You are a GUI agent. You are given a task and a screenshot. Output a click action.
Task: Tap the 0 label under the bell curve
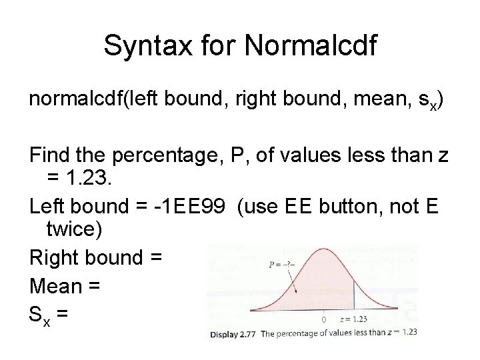(324, 319)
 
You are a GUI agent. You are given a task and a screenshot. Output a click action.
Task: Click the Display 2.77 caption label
(234, 332)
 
